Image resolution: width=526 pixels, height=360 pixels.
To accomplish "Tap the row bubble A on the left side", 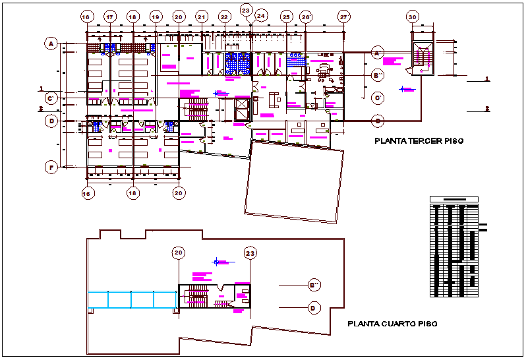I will [51, 44].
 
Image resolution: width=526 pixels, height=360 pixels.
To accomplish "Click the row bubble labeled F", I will [51, 167].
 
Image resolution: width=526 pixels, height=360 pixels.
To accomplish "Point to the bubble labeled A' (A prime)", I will [378, 52].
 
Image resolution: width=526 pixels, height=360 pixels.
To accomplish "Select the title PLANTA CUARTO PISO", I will [392, 324].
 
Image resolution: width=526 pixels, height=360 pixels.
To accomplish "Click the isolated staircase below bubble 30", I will [422, 57].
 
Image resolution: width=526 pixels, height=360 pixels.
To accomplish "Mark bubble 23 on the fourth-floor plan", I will [250, 252].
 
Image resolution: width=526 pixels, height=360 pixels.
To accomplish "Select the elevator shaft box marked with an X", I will [242, 109].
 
